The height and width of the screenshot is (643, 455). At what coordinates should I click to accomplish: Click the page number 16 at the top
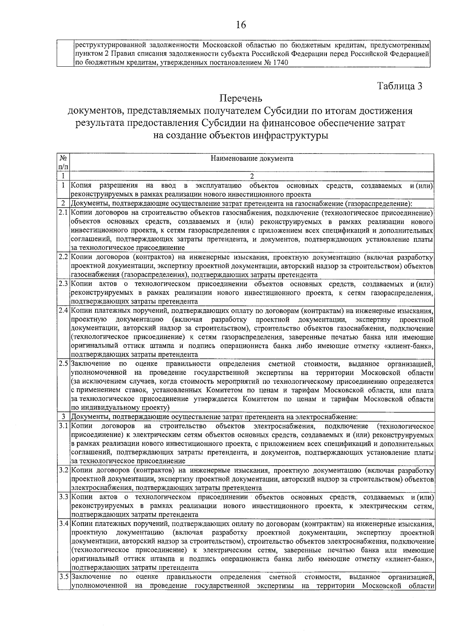(241, 25)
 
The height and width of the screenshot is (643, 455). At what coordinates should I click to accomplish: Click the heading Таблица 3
(400, 86)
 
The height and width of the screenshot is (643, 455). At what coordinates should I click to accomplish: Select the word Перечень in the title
(241, 99)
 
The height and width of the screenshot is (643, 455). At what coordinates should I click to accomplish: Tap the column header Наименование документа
(252, 158)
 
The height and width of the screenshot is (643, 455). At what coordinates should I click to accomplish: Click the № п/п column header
(63, 163)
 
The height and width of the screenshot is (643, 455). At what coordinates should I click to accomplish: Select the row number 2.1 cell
(63, 212)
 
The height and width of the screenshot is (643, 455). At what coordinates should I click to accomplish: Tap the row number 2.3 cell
(63, 284)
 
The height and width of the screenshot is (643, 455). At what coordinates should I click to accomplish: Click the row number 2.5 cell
(63, 364)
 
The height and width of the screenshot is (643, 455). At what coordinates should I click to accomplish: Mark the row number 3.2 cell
(63, 471)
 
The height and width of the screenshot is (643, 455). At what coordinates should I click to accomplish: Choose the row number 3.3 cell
(63, 497)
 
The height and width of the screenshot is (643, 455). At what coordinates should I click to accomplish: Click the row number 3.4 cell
(63, 524)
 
